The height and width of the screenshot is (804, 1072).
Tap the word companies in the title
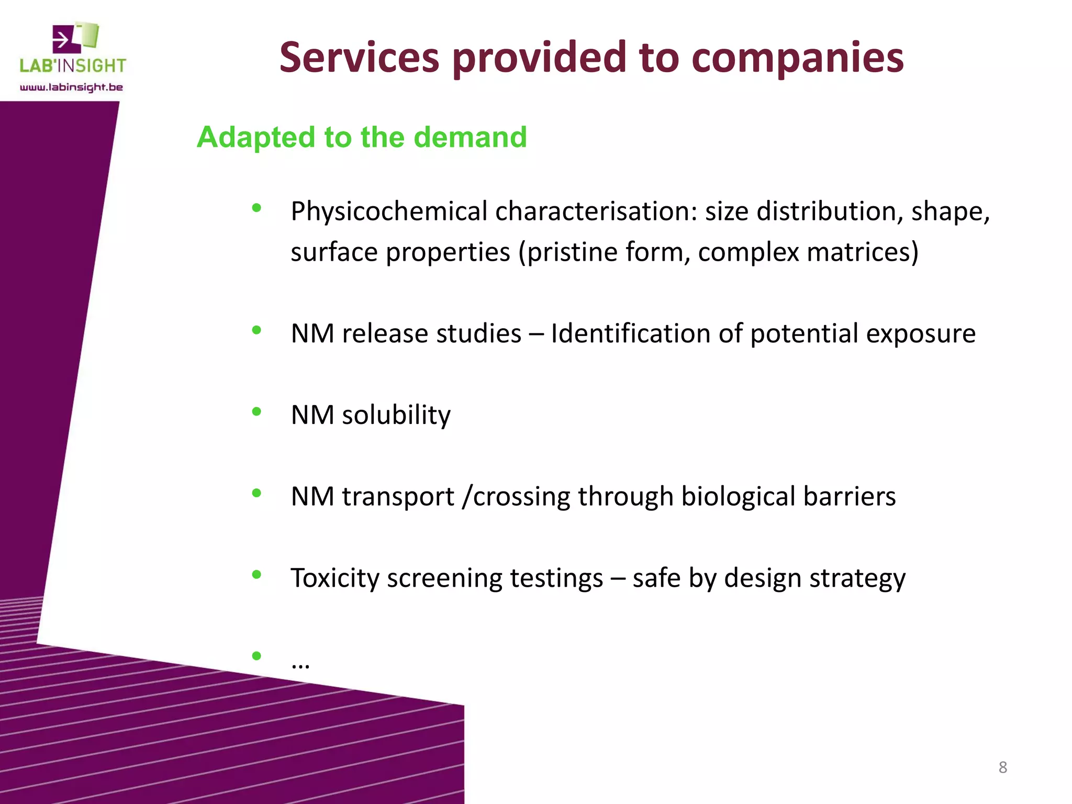797,59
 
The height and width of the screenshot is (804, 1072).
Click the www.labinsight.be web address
72,87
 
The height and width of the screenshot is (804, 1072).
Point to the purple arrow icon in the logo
66,39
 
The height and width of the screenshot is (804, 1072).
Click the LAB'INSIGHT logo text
73,65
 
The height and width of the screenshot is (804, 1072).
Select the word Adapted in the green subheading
256,138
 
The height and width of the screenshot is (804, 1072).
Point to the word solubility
396,415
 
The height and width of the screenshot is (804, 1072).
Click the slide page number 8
1002,767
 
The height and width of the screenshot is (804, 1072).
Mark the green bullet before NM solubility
256,412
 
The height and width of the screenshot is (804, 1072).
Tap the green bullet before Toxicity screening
256,575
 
